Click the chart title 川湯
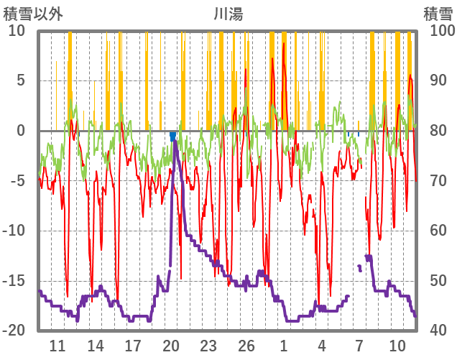pos(228,13)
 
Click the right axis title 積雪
pos(437,13)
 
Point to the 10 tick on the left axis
pos(16,31)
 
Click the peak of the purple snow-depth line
pos(175,142)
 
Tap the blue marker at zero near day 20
pos(173,135)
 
